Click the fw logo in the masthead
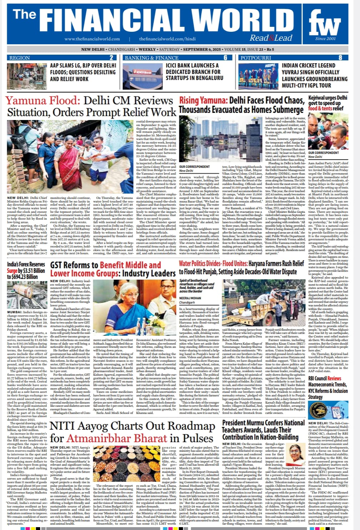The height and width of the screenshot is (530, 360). tap(325, 24)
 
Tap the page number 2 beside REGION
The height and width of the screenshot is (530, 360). tap(111, 57)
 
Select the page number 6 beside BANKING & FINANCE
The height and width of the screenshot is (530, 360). tap(225, 57)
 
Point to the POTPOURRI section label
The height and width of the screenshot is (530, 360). tap(256, 57)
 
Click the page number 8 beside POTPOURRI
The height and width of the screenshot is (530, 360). tap(340, 57)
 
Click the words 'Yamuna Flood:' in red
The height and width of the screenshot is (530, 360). tap(42, 101)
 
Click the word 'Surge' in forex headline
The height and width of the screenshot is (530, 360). tap(12, 270)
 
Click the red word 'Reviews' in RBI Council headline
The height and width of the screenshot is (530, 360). tap(334, 378)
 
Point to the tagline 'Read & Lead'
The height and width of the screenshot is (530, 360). tap(271, 38)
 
